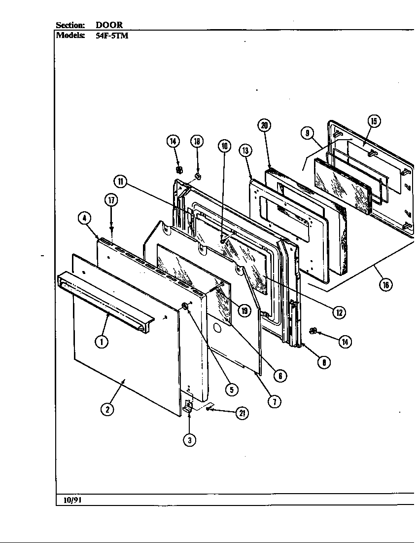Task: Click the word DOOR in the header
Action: [109, 25]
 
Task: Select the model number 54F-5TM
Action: [112, 35]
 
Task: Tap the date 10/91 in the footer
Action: [72, 500]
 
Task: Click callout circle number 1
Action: [102, 341]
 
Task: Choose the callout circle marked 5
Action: [231, 389]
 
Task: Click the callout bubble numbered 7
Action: [274, 401]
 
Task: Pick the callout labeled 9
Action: [307, 133]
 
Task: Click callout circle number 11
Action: [121, 182]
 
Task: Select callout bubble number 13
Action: [245, 151]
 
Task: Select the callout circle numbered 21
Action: [242, 414]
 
